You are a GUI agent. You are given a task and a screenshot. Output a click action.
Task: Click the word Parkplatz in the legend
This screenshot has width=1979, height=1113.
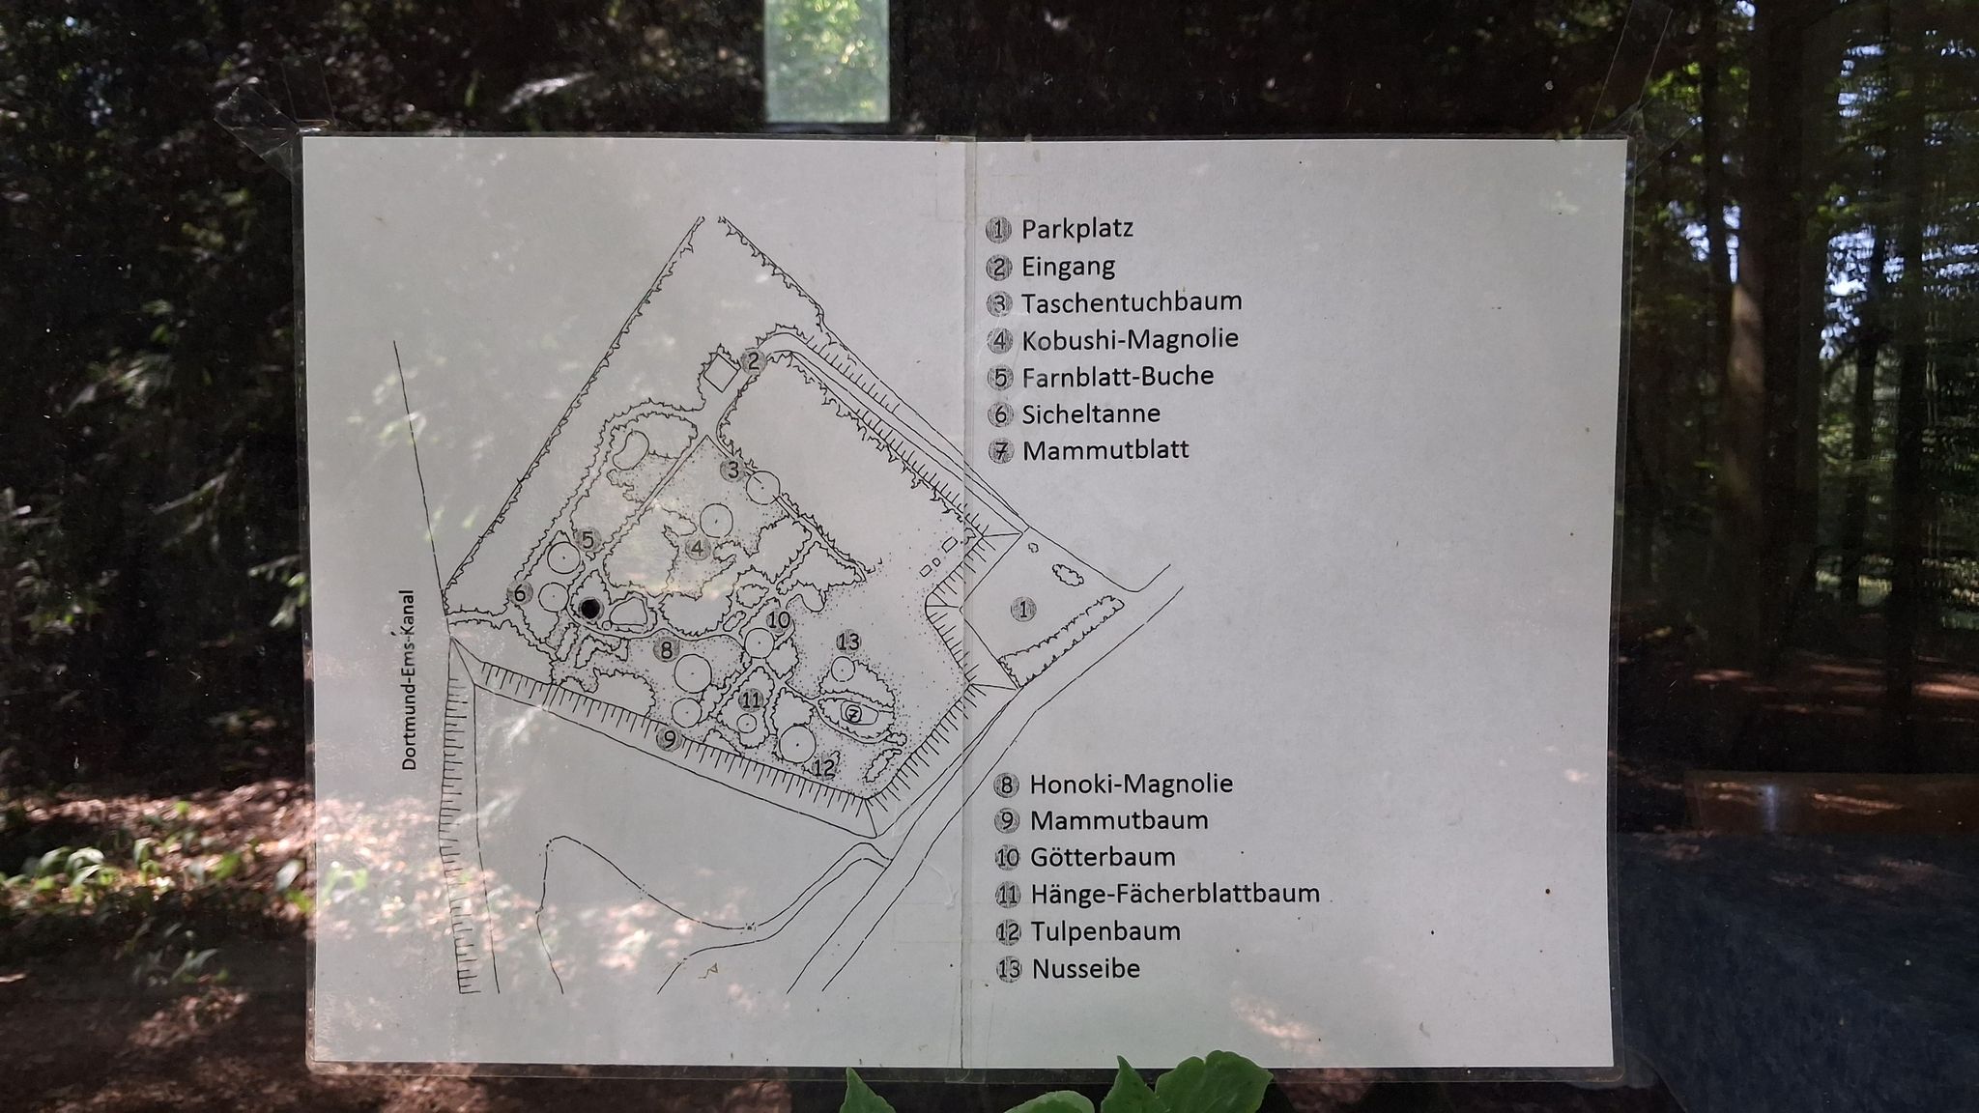click(x=1077, y=229)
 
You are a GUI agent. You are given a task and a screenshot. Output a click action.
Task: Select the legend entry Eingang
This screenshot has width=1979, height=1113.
click(x=1068, y=267)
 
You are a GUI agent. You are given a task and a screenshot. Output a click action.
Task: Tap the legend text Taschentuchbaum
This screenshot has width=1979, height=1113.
click(x=1132, y=301)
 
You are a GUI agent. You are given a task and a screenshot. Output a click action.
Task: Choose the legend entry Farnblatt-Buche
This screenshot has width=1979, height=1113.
click(x=1118, y=376)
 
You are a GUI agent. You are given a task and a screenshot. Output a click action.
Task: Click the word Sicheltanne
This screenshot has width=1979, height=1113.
click(x=1091, y=414)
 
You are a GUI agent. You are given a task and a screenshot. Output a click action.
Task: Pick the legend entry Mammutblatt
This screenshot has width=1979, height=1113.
click(x=1105, y=450)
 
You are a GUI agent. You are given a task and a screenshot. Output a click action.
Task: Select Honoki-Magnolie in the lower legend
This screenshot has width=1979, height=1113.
click(x=1132, y=784)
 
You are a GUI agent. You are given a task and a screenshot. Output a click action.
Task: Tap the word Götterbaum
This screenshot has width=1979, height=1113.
click(x=1103, y=857)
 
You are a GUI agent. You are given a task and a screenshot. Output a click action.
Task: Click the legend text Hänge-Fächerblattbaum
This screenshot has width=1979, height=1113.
click(x=1175, y=894)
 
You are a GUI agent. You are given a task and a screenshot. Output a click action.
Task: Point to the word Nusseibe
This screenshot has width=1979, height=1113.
click(x=1086, y=968)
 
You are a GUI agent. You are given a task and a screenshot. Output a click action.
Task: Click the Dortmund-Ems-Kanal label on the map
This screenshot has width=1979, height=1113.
click(x=409, y=680)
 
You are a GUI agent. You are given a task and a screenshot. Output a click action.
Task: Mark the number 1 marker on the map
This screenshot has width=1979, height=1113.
click(x=1023, y=610)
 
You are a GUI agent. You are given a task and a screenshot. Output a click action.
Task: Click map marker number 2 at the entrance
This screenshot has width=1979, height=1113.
click(x=755, y=361)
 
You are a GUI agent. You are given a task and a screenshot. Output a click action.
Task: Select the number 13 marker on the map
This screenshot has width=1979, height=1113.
click(x=848, y=641)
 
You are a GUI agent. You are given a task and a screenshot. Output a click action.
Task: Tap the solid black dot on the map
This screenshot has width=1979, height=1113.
click(x=588, y=609)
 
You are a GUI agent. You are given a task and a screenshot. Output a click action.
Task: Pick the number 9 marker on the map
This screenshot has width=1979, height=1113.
click(x=668, y=739)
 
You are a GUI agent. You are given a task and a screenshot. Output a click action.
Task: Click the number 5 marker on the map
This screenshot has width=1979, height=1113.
click(x=587, y=540)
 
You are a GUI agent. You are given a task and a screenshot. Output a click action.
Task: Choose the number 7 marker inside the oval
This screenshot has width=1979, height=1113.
click(x=853, y=714)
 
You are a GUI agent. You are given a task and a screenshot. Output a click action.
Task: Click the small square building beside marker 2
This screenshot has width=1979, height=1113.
click(x=719, y=372)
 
